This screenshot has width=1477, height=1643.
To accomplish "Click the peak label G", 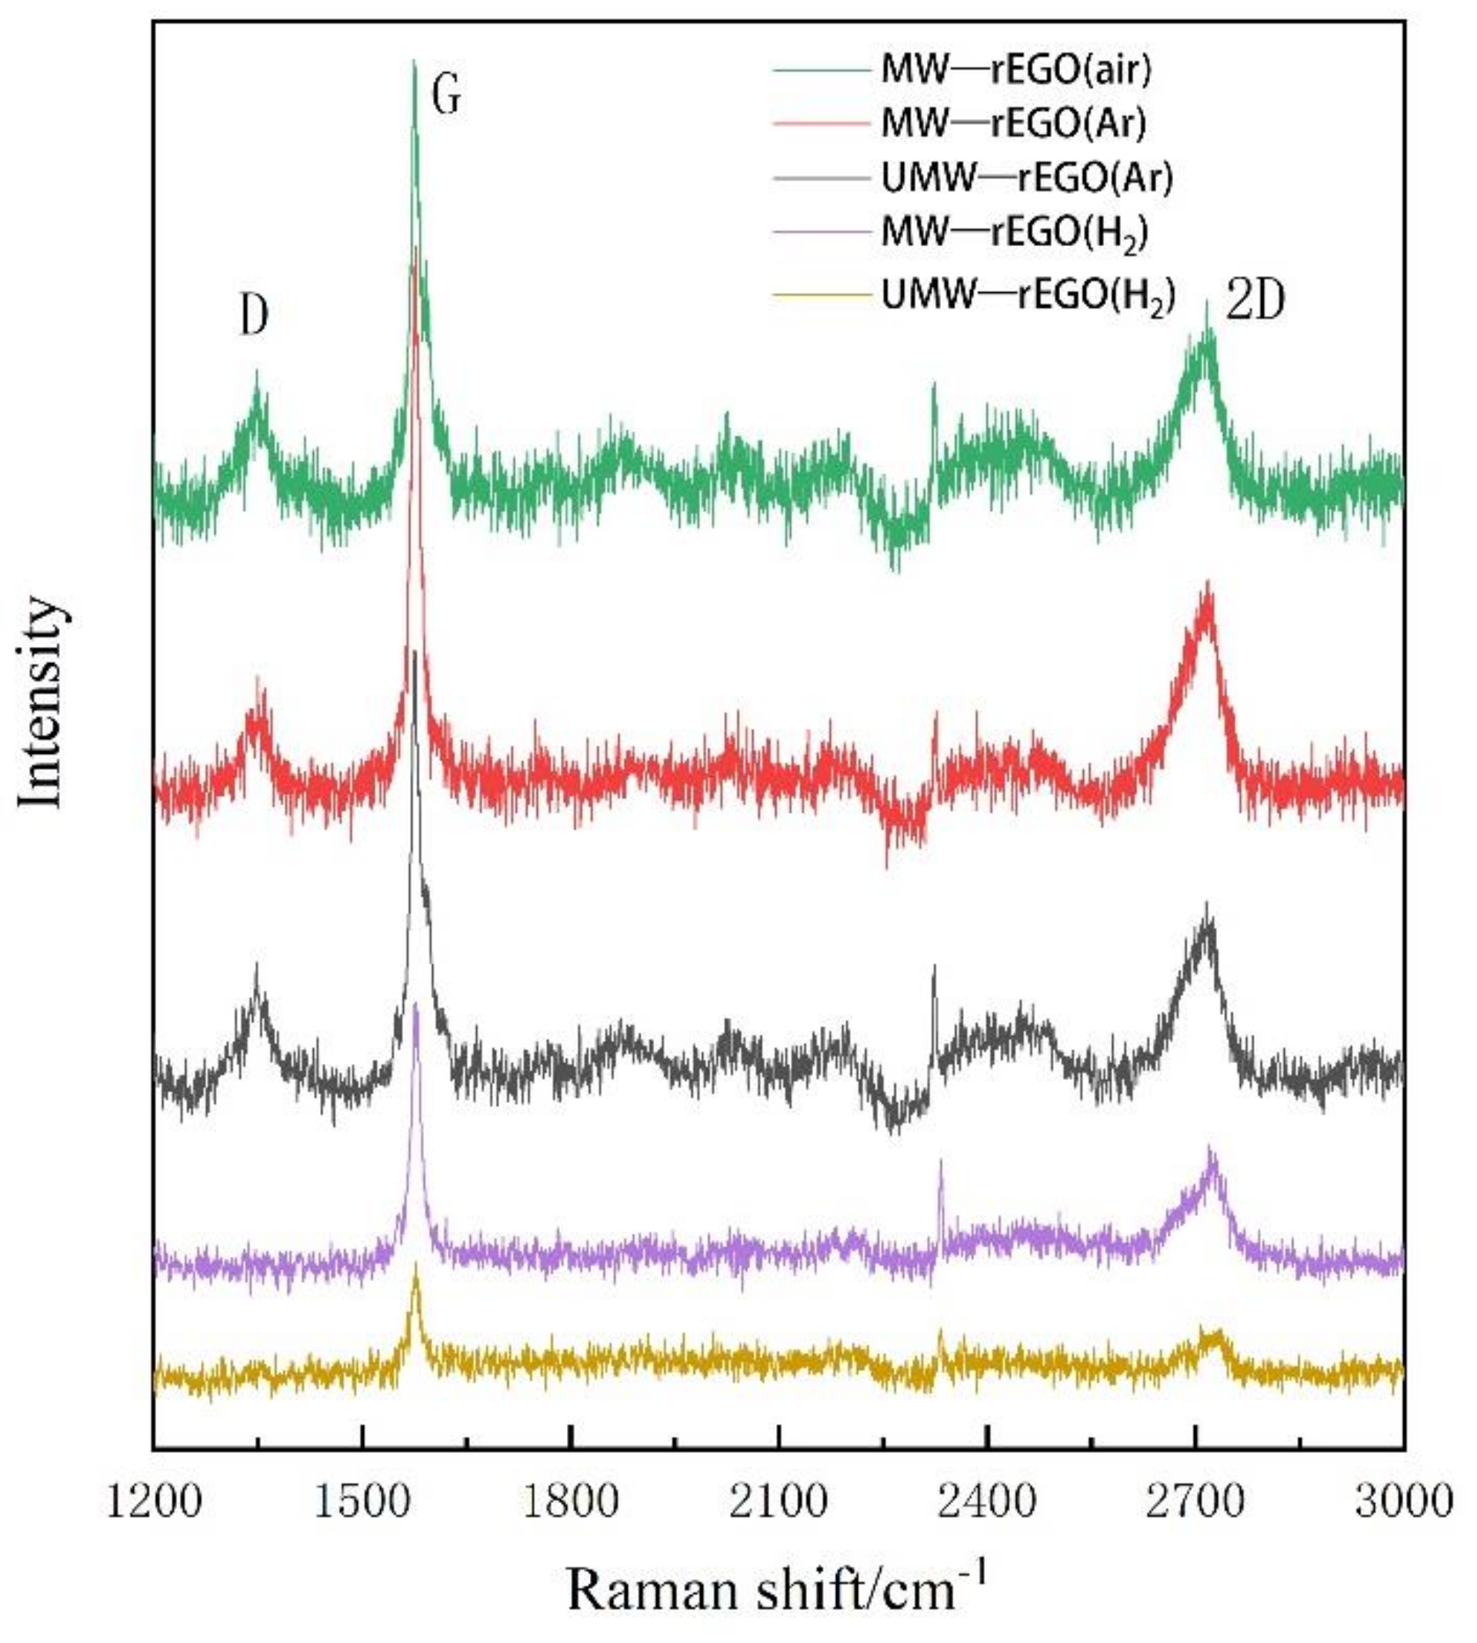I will [446, 95].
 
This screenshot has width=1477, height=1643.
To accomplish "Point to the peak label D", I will [254, 317].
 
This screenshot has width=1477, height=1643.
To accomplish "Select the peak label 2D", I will [1255, 302].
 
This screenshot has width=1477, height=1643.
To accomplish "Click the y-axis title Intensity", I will [41, 702].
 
